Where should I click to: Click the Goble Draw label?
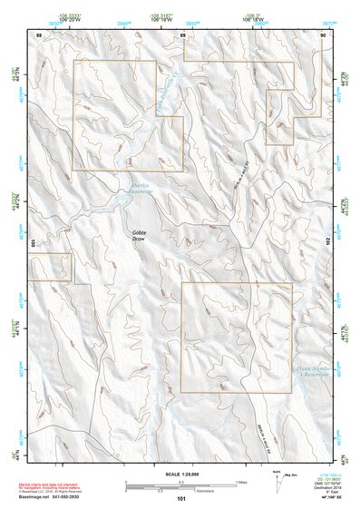click(x=139, y=234)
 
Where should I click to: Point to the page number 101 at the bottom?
click(x=181, y=499)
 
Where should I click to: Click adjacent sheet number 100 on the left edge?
click(x=32, y=243)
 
